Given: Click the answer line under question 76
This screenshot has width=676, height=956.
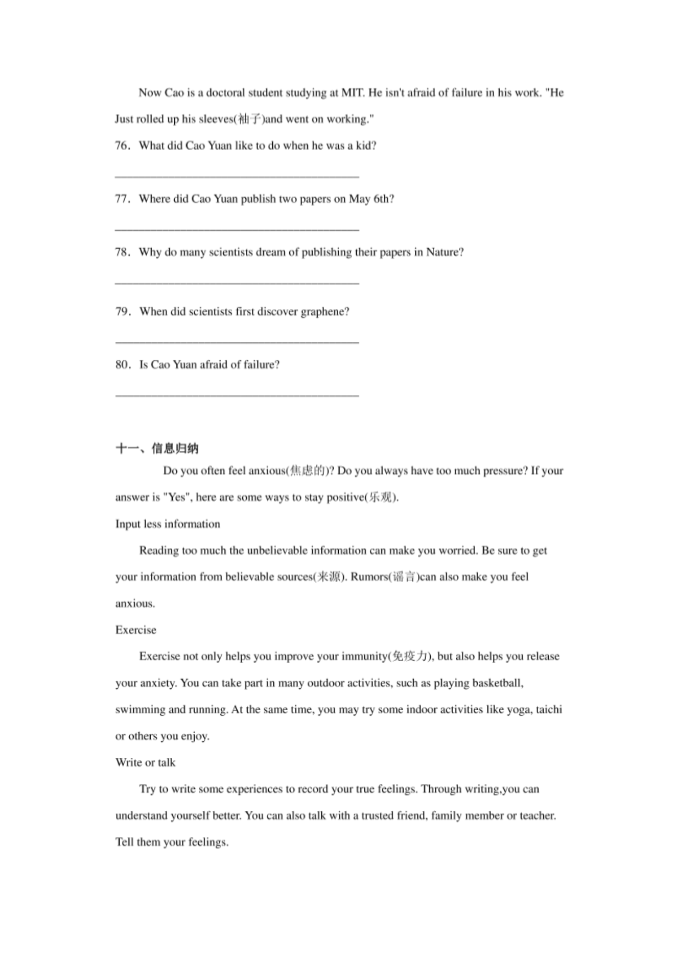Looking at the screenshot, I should click(x=237, y=176).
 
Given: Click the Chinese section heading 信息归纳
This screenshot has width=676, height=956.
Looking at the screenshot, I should click(x=175, y=449).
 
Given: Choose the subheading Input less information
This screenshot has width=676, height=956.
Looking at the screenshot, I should click(x=168, y=524).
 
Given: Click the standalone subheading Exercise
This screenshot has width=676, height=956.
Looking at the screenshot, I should click(x=136, y=630).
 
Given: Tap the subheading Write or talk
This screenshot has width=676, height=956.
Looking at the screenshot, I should click(x=145, y=763).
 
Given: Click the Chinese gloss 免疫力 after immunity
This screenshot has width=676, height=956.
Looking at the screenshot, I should click(x=409, y=657).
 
